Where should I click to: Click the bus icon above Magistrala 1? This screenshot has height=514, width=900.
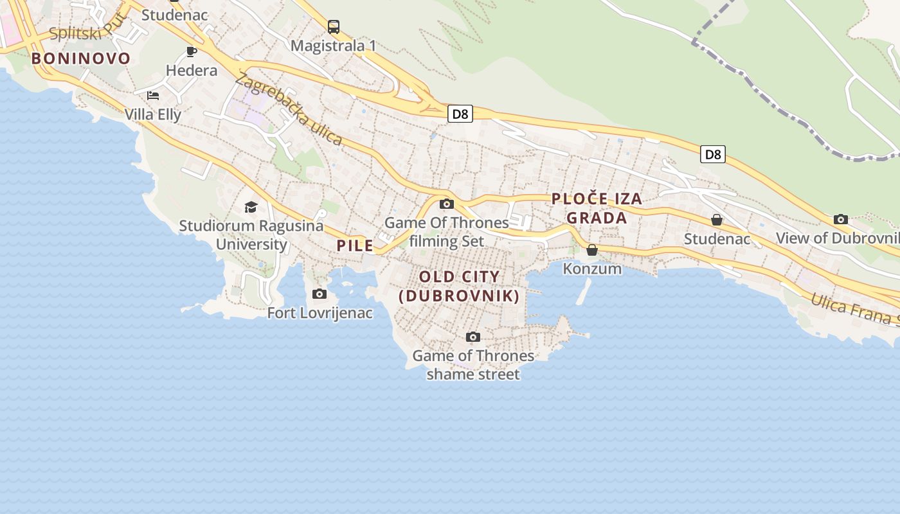click(x=333, y=26)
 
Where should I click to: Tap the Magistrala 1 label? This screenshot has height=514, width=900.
click(x=333, y=46)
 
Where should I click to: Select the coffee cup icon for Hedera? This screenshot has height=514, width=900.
click(x=191, y=51)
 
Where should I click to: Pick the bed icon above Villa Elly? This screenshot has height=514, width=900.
click(x=153, y=96)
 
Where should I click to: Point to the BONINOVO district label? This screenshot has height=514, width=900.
click(x=81, y=58)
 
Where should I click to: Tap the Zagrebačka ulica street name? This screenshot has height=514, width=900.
click(x=288, y=109)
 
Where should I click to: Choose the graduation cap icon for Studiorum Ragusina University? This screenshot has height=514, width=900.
click(x=251, y=207)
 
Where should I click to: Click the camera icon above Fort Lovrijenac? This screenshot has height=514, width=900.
click(x=319, y=294)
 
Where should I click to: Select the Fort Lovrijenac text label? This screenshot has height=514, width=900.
click(x=320, y=314)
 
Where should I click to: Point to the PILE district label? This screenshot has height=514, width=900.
click(x=355, y=245)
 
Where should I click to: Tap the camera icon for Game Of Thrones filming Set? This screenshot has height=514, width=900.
click(x=446, y=204)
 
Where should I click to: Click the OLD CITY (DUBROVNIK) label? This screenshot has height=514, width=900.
click(x=459, y=287)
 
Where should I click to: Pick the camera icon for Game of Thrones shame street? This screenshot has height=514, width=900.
click(x=473, y=337)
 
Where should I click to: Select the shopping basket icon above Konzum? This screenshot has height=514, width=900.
click(x=592, y=250)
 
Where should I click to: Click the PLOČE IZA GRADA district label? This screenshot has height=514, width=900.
click(x=597, y=208)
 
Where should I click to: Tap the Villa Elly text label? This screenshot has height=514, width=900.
click(x=153, y=115)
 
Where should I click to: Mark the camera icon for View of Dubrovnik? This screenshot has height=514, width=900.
click(x=840, y=220)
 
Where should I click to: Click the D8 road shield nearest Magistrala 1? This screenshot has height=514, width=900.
click(x=460, y=114)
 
